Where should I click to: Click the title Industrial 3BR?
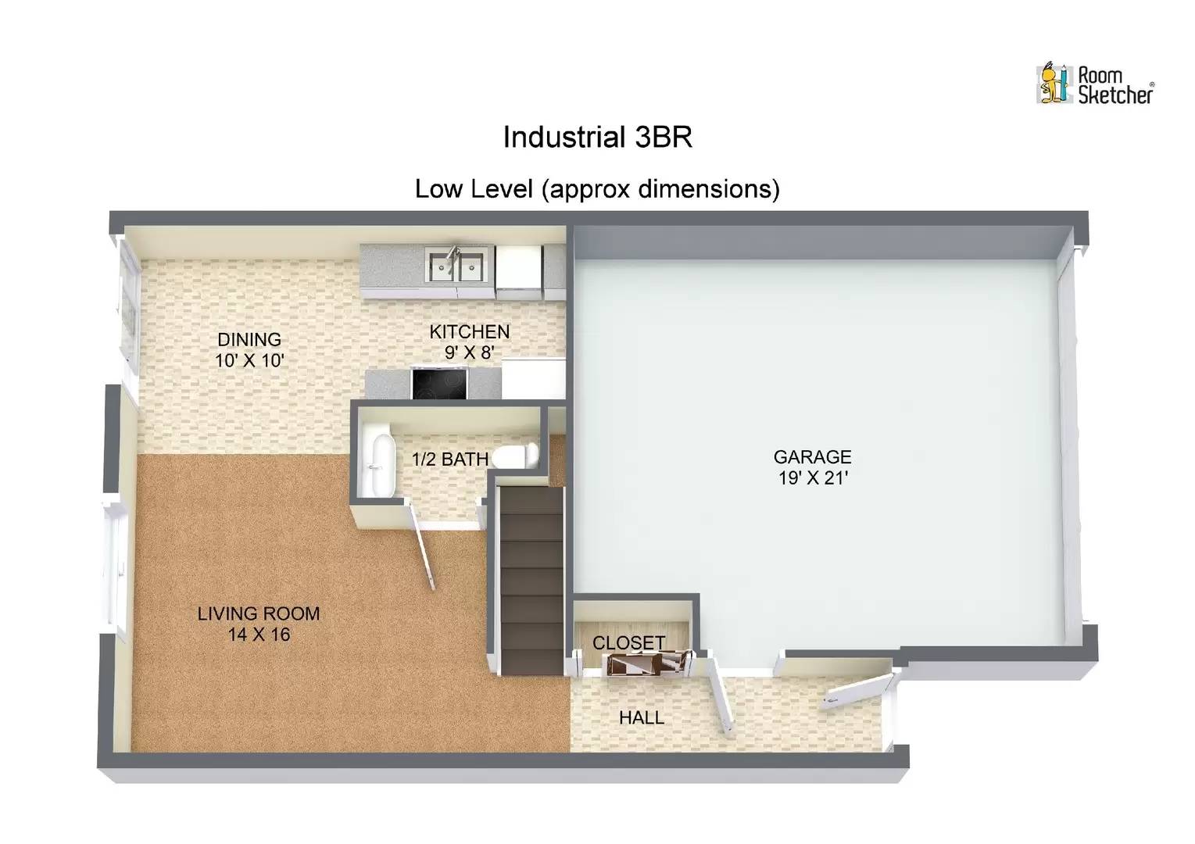pyautogui.click(x=597, y=138)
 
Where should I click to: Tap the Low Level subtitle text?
pyautogui.click(x=597, y=189)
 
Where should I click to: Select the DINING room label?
pyautogui.click(x=249, y=339)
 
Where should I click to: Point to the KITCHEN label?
pyautogui.click(x=469, y=331)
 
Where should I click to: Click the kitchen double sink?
pyautogui.click(x=456, y=264)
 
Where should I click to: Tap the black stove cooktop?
pyautogui.click(x=438, y=383)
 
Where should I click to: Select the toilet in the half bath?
pyautogui.click(x=517, y=456)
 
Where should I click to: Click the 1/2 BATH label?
pyautogui.click(x=449, y=459)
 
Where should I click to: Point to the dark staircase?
pyautogui.click(x=531, y=578)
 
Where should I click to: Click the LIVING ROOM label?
pyautogui.click(x=258, y=613)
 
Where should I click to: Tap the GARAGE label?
pyautogui.click(x=812, y=456)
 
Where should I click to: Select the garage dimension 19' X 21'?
pyautogui.click(x=813, y=477)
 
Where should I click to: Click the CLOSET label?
pyautogui.click(x=628, y=642)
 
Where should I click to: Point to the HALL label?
pyautogui.click(x=642, y=717)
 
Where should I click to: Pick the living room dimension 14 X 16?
pyautogui.click(x=259, y=635)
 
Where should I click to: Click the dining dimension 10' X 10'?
pyautogui.click(x=249, y=360)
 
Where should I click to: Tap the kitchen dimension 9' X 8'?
pyautogui.click(x=469, y=352)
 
